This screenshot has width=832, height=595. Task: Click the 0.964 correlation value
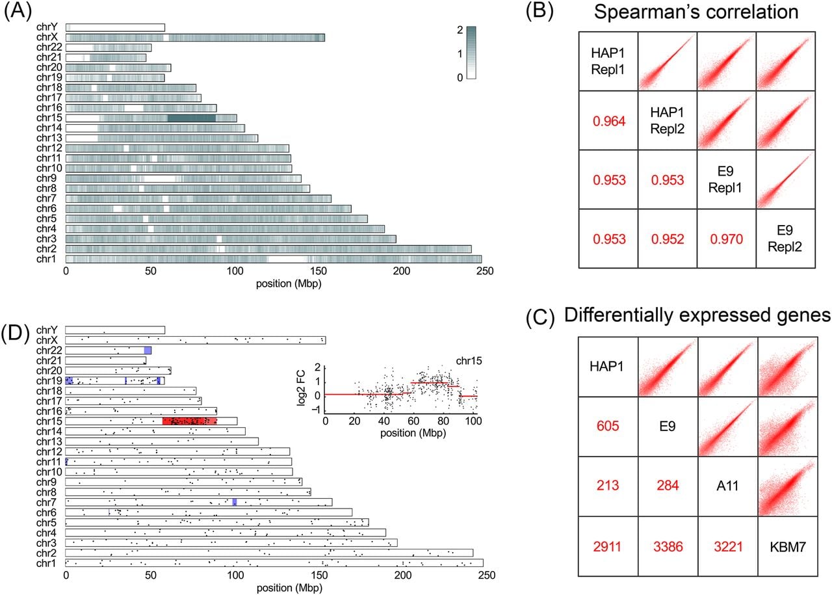click(609, 121)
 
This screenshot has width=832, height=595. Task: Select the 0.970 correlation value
click(727, 239)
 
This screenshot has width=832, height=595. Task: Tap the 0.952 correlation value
click(668, 239)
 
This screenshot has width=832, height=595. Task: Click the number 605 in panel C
click(608, 426)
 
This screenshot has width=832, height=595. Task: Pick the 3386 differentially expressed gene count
click(668, 547)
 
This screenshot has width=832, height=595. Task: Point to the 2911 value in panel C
click(607, 547)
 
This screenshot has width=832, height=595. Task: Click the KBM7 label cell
click(788, 547)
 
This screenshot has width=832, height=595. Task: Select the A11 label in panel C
click(727, 486)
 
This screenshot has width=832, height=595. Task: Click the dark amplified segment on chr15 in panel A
click(191, 118)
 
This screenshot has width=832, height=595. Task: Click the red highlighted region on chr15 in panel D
click(189, 421)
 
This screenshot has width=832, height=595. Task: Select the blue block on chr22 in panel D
click(148, 350)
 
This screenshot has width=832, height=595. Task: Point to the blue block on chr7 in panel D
click(235, 502)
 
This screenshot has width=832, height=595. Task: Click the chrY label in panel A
click(47, 27)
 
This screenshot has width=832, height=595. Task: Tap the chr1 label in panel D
click(45, 563)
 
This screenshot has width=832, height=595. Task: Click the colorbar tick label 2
click(460, 30)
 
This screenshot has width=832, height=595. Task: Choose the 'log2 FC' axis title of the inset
click(301, 388)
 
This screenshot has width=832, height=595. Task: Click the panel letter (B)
click(539, 11)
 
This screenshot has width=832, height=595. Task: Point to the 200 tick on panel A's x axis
click(402, 271)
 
